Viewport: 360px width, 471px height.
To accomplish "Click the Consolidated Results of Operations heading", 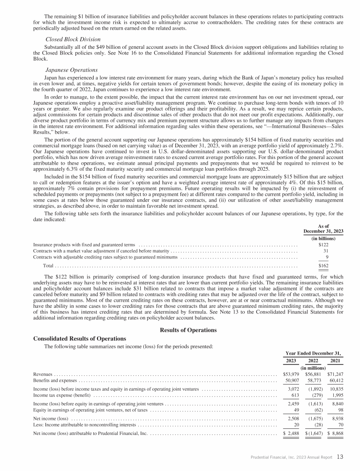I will (80, 338).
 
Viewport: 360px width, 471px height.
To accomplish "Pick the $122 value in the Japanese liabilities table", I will (323, 245).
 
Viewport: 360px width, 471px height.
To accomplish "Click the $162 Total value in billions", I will (323, 266).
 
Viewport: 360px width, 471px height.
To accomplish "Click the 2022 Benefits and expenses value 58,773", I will (314, 380).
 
